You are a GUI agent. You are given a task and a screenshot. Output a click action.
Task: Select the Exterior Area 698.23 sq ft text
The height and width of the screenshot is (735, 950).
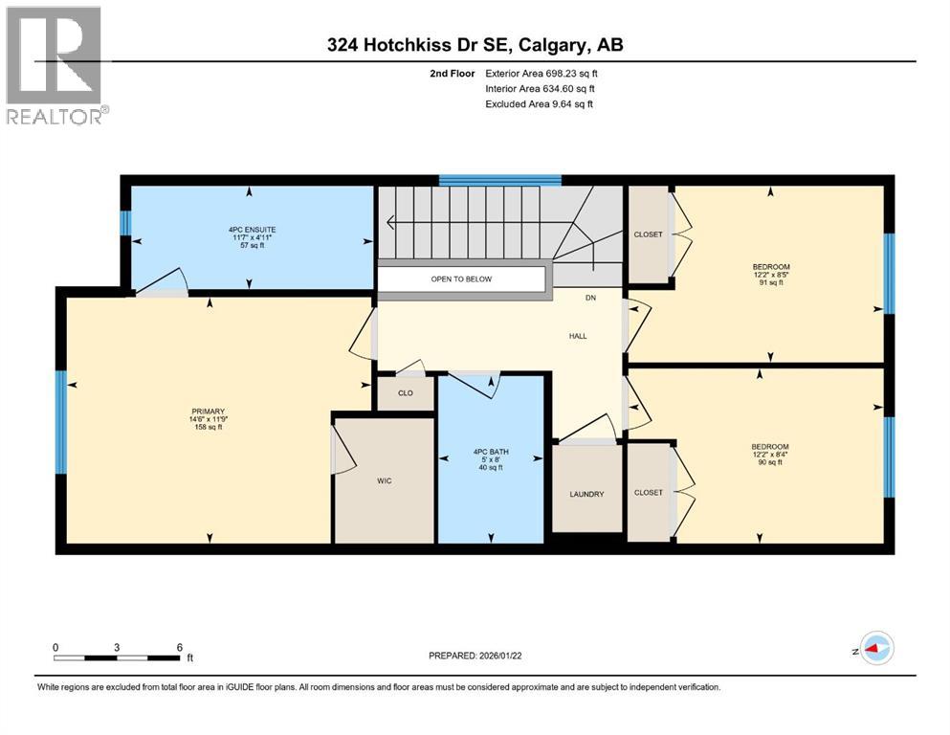coord(541,73)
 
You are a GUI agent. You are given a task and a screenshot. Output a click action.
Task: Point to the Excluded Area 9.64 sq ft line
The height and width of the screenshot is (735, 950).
coord(539,103)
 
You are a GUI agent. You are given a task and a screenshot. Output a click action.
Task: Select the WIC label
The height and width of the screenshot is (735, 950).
coord(384,480)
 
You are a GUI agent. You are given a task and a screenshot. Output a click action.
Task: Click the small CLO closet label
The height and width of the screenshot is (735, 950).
coord(405,393)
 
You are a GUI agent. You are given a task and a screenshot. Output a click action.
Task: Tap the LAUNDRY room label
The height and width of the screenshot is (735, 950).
coord(586,494)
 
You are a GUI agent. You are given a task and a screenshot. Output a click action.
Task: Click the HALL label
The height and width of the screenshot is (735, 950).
coord(577,336)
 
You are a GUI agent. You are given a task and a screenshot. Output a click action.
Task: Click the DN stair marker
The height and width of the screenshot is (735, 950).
coord(591,299)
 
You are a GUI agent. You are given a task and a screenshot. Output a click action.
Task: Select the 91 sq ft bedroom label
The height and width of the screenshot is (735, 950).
coord(784,275)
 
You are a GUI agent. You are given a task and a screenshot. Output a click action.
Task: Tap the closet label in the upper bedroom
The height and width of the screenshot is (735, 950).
coord(648,234)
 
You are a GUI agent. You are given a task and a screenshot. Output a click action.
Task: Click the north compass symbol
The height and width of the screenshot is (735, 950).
coord(874,648)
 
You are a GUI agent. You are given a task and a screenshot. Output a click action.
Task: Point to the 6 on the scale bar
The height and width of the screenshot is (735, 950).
coord(180,647)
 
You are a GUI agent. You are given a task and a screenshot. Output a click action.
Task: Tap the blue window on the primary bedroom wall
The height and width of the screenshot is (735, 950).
coord(60,422)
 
